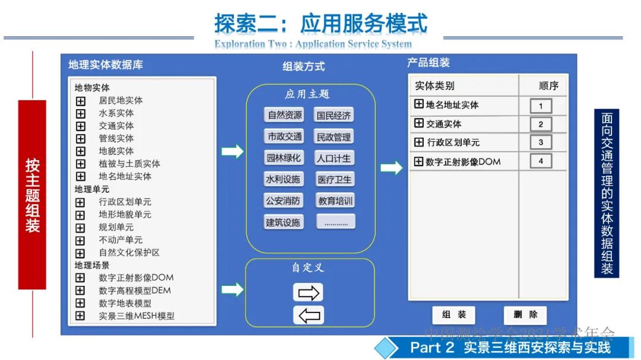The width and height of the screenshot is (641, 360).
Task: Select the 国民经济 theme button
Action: (334, 115)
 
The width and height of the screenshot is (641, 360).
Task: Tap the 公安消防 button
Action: (283, 200)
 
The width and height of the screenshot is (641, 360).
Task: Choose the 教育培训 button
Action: (335, 200)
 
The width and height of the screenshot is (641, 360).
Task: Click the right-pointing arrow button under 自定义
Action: (308, 292)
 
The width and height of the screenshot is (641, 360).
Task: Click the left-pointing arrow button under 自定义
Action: (308, 315)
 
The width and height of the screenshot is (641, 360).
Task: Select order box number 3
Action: (541, 142)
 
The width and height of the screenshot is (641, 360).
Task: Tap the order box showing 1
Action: (541, 106)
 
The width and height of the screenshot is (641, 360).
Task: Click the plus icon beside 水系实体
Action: (81, 113)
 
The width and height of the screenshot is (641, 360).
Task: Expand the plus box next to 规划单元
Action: (81, 228)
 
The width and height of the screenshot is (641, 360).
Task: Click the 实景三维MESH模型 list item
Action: (137, 316)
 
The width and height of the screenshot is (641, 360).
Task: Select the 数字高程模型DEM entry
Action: (135, 291)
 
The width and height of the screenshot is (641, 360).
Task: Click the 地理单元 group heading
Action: (91, 189)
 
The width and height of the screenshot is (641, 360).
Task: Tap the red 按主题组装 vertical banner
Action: (32, 195)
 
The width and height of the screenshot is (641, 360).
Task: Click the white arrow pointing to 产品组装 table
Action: (391, 168)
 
